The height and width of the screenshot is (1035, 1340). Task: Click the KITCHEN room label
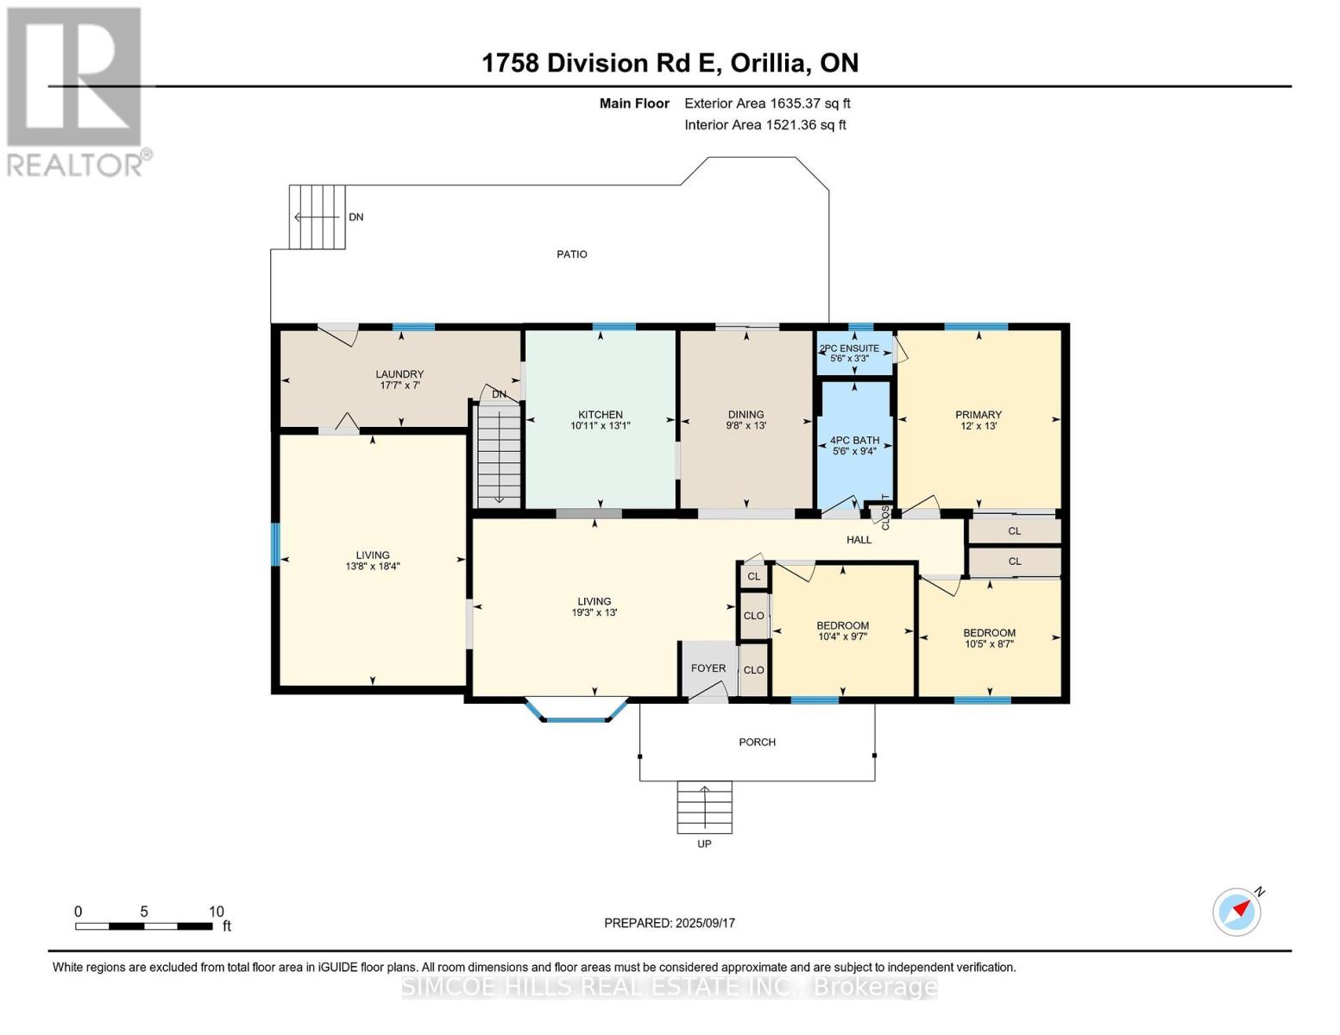(600, 414)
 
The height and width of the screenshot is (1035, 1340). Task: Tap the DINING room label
(745, 414)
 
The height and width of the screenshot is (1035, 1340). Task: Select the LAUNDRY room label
(399, 374)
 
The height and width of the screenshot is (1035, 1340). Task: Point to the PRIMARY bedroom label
(978, 414)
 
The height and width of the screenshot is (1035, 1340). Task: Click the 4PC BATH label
(854, 440)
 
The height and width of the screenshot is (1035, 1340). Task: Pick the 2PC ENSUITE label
(849, 348)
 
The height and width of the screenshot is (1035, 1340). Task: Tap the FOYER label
(708, 668)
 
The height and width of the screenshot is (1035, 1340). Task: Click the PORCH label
(758, 743)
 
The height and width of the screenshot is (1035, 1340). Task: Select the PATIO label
(572, 254)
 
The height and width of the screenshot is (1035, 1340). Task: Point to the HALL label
(859, 540)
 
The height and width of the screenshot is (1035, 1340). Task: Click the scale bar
(144, 926)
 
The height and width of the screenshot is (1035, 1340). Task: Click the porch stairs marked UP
(704, 807)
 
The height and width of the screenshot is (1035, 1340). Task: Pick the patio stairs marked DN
(317, 217)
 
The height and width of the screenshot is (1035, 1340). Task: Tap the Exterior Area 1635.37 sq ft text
(767, 103)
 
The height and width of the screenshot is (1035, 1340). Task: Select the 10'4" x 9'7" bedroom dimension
(842, 637)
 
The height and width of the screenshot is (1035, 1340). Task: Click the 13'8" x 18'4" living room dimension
(373, 566)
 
